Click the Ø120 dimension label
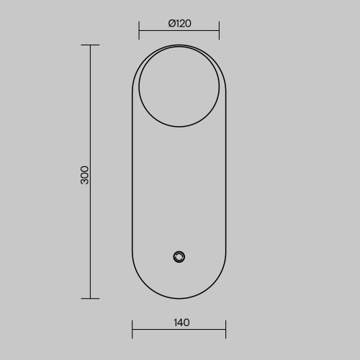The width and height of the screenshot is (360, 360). click(x=180, y=23)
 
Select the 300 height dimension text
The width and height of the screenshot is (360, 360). click(x=84, y=175)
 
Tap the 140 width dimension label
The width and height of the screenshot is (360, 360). click(x=181, y=323)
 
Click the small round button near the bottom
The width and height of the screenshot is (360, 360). click(x=179, y=257)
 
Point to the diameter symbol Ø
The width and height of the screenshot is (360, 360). click(x=171, y=23)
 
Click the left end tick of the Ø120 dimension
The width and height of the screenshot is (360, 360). click(x=139, y=30)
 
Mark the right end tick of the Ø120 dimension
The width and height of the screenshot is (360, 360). click(x=219, y=30)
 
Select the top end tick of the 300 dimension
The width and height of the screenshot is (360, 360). click(x=90, y=45)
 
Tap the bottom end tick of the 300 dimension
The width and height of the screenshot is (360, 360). click(x=90, y=299)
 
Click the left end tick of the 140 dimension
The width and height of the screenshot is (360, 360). click(x=132, y=329)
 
